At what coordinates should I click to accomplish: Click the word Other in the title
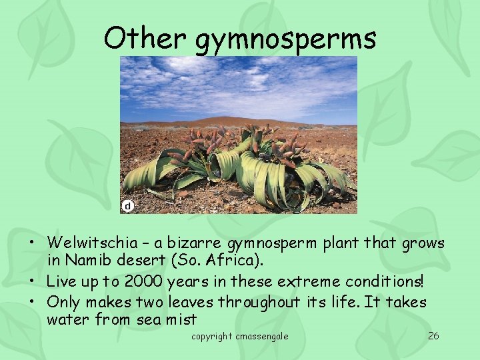145,38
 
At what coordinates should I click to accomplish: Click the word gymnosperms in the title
285,40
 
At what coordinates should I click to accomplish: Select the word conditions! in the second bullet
386,282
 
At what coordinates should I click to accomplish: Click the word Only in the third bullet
65,302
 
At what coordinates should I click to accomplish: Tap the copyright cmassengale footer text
240,337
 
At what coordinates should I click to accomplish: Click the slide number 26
433,336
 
